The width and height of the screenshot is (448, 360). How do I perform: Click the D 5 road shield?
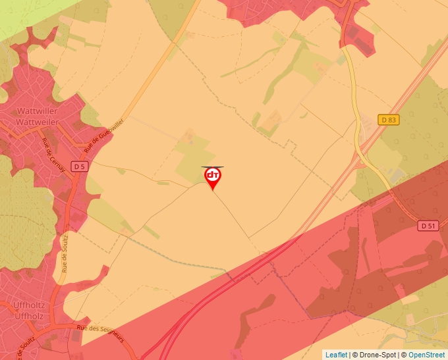80,167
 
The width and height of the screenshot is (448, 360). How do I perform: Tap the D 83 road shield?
389,120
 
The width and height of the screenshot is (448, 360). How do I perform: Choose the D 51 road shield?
428,226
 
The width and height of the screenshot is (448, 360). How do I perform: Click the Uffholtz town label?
28,305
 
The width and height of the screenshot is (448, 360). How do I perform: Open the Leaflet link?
336,355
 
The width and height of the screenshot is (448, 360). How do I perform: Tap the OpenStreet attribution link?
427,355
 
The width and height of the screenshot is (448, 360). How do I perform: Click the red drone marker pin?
213,177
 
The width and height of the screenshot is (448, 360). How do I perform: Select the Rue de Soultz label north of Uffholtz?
65,253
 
